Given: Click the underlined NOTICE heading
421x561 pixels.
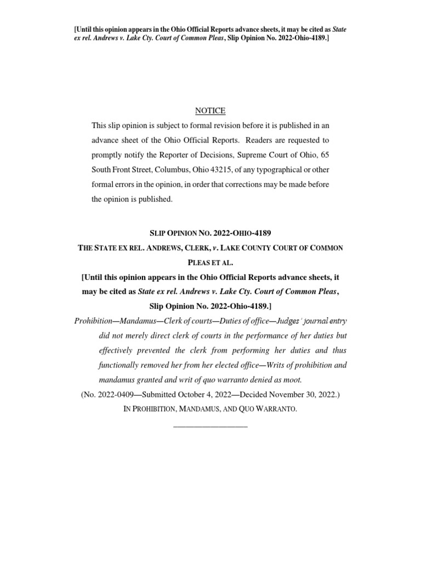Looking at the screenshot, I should (210, 111).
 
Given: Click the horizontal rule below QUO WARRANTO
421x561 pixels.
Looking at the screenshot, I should (210, 426).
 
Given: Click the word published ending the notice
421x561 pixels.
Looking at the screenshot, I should (155, 199).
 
